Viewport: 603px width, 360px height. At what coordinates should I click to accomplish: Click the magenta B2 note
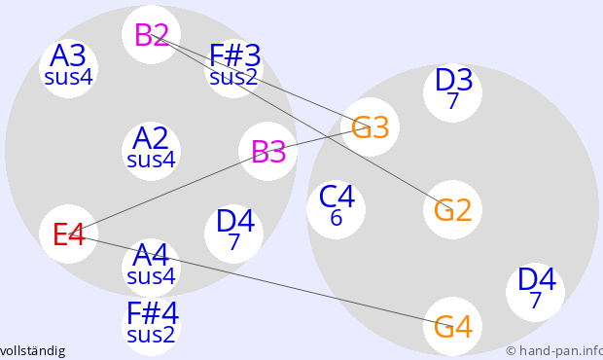(151, 35)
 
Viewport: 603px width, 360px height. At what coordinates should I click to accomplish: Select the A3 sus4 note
(68, 68)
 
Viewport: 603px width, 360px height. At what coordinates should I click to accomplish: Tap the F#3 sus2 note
(233, 68)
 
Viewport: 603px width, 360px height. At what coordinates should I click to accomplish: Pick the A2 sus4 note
(151, 151)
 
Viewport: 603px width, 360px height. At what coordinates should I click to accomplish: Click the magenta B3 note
(267, 151)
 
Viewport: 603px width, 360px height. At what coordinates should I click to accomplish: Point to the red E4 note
(68, 234)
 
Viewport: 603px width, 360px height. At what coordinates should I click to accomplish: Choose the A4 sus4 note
(151, 268)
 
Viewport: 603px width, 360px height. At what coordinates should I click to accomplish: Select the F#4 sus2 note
(151, 326)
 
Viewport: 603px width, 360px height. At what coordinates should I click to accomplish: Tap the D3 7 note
(452, 92)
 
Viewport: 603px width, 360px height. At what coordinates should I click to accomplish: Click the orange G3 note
(370, 126)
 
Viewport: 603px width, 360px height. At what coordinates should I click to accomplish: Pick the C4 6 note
(336, 209)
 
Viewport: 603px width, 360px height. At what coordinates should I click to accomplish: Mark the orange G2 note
(452, 209)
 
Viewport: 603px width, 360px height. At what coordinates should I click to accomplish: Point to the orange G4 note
(452, 326)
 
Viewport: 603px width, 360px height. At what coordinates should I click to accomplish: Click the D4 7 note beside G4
(535, 292)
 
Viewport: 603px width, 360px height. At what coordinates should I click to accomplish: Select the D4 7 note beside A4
(233, 234)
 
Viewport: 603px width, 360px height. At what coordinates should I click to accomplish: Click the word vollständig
(32, 351)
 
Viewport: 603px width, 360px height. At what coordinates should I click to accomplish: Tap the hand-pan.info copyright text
(554, 351)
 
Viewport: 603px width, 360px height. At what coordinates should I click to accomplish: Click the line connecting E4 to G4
(261, 280)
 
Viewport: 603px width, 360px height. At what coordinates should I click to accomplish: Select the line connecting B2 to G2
(301, 122)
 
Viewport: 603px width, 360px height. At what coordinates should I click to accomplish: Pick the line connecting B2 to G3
(261, 81)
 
